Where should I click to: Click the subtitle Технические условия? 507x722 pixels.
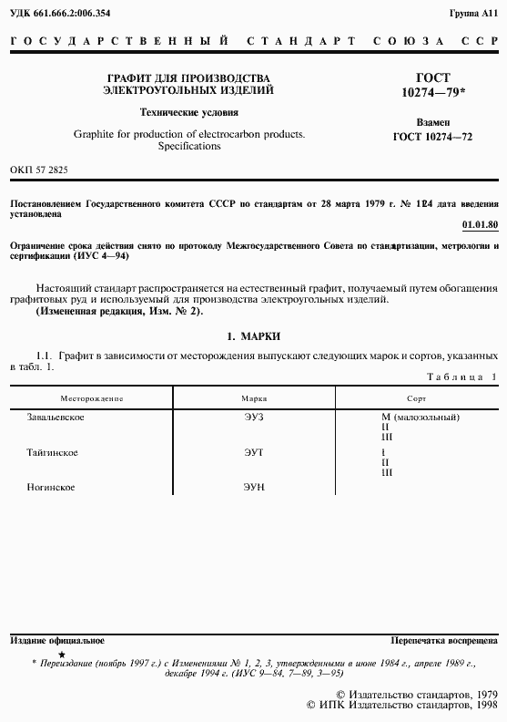click(x=188, y=113)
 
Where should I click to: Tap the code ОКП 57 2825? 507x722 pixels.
click(x=38, y=170)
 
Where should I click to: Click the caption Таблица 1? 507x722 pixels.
click(x=462, y=376)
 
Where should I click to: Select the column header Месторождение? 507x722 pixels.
click(x=92, y=399)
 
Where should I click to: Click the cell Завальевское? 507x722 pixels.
click(x=56, y=417)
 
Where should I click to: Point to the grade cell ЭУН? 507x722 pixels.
click(x=253, y=488)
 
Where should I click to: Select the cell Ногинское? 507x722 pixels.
click(x=51, y=488)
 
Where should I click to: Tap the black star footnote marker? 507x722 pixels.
click(x=61, y=655)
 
